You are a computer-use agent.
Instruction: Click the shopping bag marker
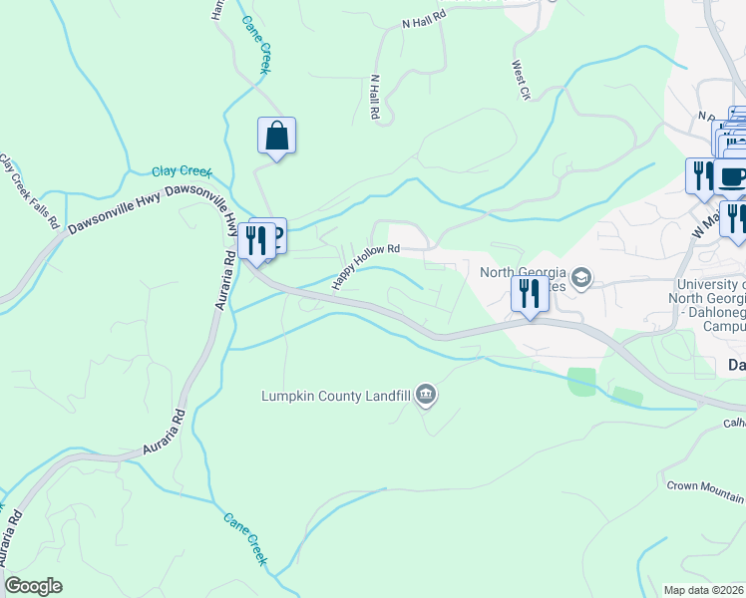(x=277, y=137)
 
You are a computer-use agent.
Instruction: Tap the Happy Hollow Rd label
(x=365, y=266)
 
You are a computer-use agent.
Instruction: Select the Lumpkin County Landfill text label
(x=337, y=396)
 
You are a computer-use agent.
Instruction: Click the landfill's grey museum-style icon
(x=427, y=396)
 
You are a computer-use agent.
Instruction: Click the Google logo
(x=33, y=586)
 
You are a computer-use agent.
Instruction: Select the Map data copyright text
(x=704, y=590)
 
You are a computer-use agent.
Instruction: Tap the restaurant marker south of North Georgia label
(x=529, y=294)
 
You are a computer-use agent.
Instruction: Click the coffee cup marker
(x=733, y=176)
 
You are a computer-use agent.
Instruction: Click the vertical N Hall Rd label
(x=375, y=98)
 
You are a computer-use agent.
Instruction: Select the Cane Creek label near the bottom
(x=245, y=539)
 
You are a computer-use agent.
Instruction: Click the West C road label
(x=520, y=80)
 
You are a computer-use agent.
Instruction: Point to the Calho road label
(x=734, y=423)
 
